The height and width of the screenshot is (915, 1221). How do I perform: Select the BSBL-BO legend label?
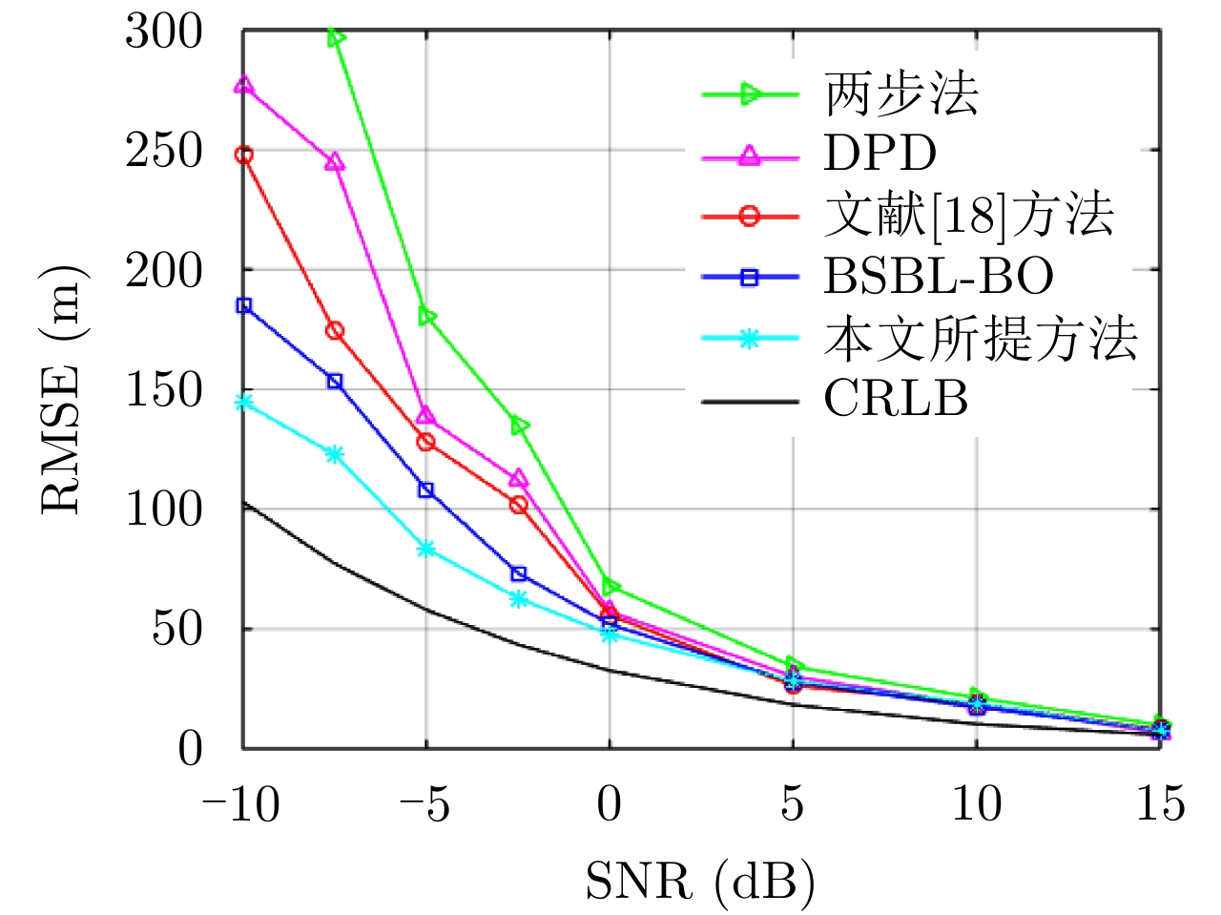939,277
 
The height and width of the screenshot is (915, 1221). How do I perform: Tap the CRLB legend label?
896,399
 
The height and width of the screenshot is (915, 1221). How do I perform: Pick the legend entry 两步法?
901,94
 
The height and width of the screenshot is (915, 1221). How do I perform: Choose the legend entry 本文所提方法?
981,339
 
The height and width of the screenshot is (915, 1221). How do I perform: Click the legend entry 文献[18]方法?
968,216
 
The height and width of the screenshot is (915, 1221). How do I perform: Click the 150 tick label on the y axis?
164,390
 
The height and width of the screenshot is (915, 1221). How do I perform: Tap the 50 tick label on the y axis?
177,629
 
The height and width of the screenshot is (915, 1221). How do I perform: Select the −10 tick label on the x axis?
240,804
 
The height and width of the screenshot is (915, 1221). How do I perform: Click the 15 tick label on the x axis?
1160,804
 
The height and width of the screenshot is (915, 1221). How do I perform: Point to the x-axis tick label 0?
610,804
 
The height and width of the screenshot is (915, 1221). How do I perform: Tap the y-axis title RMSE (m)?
62,389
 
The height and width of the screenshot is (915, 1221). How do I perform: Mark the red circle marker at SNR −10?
244,155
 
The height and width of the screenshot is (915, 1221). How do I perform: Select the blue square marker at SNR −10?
244,305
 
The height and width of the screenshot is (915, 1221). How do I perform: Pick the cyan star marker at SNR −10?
244,402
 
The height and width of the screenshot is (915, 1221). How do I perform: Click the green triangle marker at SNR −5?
427,317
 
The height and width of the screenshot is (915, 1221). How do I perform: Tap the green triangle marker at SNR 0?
610,586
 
